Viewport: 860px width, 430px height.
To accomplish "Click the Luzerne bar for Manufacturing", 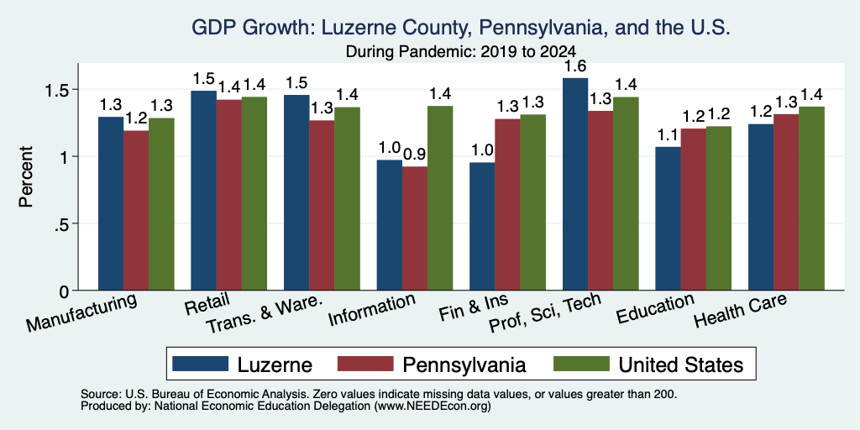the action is pos(111,203).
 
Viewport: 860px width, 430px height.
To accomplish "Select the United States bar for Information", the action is pos(440,198).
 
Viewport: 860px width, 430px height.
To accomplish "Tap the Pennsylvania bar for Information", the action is pos(415,228).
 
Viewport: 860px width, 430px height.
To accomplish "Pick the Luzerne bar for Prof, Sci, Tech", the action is pos(575,184).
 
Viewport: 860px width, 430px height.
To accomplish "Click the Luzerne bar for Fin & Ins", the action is pos(483,227).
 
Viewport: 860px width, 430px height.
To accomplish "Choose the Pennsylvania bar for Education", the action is pos(694,209).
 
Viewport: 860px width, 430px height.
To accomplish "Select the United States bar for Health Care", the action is pos(812,198).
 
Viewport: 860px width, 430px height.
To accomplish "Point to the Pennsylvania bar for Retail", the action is pos(229,195).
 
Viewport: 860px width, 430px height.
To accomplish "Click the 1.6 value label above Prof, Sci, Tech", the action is pos(575,66).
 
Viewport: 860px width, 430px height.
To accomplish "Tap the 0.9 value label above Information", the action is pos(415,155).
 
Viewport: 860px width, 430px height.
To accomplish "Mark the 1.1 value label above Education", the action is pos(669,135).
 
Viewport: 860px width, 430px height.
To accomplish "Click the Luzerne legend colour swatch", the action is pos(200,364).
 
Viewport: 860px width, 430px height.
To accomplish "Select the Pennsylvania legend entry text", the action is pos(464,364).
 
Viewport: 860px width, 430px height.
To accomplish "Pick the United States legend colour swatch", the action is pos(581,364).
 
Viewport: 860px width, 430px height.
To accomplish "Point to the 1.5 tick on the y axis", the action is pos(75,89).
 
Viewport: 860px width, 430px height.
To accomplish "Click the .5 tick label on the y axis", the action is pos(60,223).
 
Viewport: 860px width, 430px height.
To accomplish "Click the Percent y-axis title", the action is pos(26,176).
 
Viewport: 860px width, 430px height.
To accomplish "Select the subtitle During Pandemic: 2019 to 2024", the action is pos(461,52).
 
